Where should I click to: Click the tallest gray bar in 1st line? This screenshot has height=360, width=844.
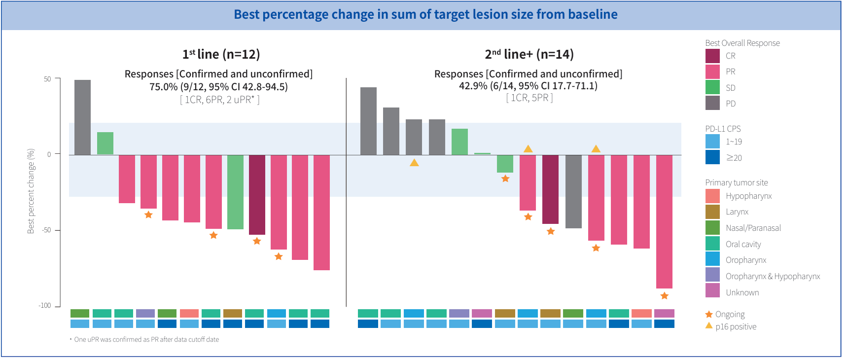[82, 117]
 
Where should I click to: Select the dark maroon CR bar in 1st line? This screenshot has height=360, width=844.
[257, 195]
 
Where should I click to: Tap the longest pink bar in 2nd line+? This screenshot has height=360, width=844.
[664, 221]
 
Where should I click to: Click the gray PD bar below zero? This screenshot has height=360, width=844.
[573, 191]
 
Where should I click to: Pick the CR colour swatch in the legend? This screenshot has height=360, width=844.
[712, 56]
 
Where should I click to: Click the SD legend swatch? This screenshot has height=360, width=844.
[712, 87]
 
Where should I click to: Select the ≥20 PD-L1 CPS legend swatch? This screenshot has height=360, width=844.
[712, 157]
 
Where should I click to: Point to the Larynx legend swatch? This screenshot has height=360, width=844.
[712, 212]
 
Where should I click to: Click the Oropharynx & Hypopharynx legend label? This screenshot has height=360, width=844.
[773, 276]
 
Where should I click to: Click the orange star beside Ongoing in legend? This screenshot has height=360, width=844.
[709, 314]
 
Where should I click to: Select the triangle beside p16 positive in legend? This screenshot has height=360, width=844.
[709, 325]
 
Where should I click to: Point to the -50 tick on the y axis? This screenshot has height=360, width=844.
[58, 230]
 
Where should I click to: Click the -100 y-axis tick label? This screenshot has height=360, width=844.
[45, 305]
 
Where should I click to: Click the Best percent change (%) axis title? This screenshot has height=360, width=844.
[31, 191]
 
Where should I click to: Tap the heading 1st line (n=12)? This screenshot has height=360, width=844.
[221, 54]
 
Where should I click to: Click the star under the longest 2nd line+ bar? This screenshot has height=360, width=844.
[665, 296]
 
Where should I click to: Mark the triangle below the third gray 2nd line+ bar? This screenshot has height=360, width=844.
[414, 162]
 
